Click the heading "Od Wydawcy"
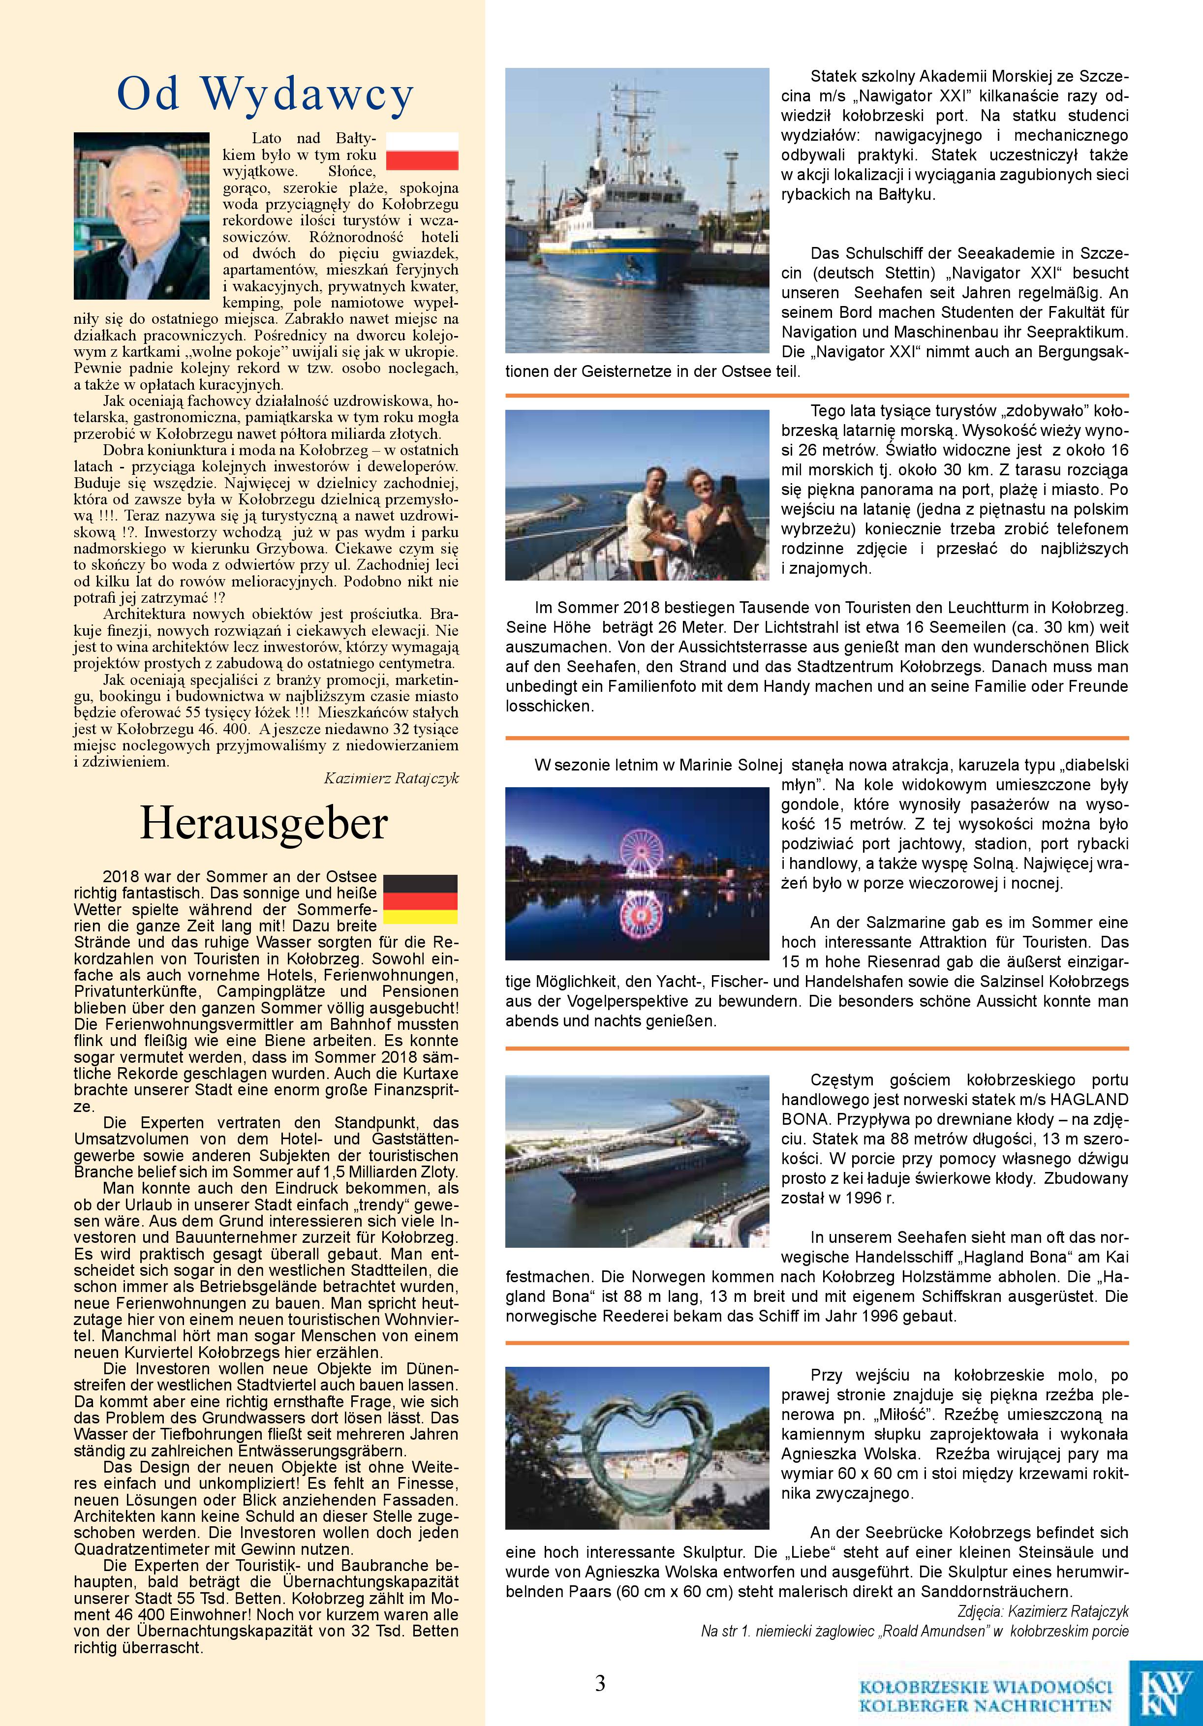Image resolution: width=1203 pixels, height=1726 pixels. [x=265, y=95]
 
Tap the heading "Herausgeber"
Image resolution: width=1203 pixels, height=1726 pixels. [x=263, y=824]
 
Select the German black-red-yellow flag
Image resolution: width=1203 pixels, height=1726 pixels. [x=420, y=898]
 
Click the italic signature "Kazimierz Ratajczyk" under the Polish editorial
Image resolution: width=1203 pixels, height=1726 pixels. [x=391, y=778]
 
